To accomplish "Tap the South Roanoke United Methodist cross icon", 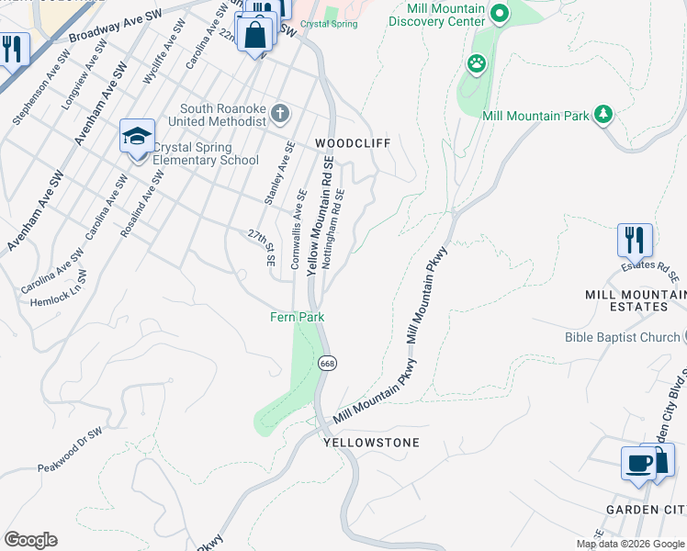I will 281,116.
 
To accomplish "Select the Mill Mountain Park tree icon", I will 603,114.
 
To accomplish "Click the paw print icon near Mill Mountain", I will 477,64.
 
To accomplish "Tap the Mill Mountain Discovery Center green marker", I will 499,14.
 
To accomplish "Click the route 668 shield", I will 327,363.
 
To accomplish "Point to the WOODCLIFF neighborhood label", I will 353,144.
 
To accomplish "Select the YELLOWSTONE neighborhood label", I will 371,443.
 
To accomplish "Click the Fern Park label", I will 297,317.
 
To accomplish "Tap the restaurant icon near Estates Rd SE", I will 635,240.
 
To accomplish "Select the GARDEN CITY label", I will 646,510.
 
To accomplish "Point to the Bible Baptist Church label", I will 622,338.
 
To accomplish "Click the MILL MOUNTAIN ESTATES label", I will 635,300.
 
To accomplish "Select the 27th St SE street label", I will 261,248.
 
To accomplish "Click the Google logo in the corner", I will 30,540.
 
